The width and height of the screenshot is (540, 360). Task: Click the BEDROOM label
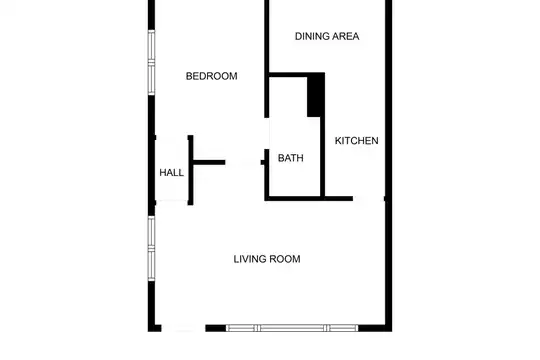211,76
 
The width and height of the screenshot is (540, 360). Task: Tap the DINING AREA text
327,36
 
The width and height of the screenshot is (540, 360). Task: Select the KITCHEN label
356,141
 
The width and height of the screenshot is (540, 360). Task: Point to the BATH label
291,158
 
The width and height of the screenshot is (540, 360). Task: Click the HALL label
172,173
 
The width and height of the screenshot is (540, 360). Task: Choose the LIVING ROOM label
267,259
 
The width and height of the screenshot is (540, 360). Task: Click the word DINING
308,36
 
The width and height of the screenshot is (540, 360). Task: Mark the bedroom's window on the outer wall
152,62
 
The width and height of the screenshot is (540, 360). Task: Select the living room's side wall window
152,248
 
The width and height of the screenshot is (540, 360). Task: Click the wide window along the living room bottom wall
292,328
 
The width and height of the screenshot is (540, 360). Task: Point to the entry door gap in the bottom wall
183,328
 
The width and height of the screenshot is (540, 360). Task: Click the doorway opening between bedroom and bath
267,133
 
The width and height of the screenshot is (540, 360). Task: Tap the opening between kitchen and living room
368,198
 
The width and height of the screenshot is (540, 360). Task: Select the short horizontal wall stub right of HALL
209,162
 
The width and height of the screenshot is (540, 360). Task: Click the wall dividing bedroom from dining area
267,59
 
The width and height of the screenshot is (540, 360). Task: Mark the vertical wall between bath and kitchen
323,157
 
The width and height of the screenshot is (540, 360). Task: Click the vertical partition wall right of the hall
190,170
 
